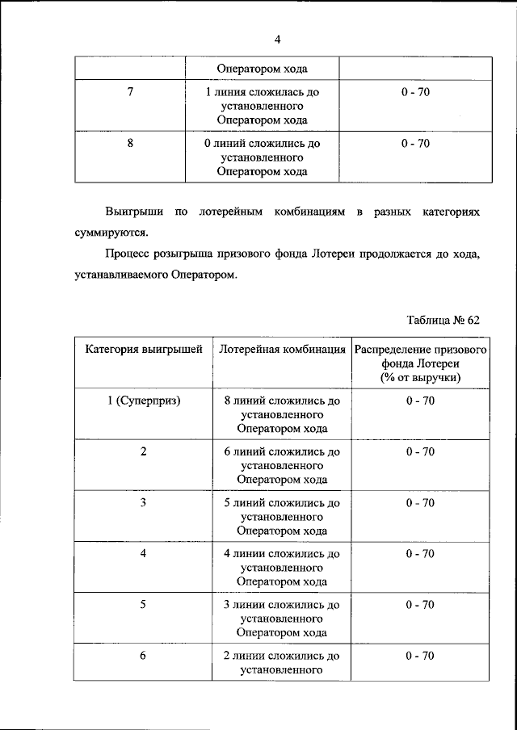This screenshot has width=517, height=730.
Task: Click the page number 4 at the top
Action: (276, 40)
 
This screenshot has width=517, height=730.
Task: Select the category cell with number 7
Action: (131, 92)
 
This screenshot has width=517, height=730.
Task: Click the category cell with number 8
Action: (131, 144)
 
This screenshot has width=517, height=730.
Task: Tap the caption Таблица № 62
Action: (443, 320)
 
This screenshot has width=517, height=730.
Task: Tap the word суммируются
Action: (106, 233)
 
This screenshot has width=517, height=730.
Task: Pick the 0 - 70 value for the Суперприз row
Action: (419, 401)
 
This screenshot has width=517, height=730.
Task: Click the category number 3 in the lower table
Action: (143, 502)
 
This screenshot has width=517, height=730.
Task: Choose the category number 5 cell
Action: (143, 604)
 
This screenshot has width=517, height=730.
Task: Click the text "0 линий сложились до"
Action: (263, 144)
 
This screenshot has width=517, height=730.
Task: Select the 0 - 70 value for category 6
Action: (419, 655)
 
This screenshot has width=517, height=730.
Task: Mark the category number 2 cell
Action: (143, 451)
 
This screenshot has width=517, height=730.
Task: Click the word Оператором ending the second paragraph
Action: (204, 275)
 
